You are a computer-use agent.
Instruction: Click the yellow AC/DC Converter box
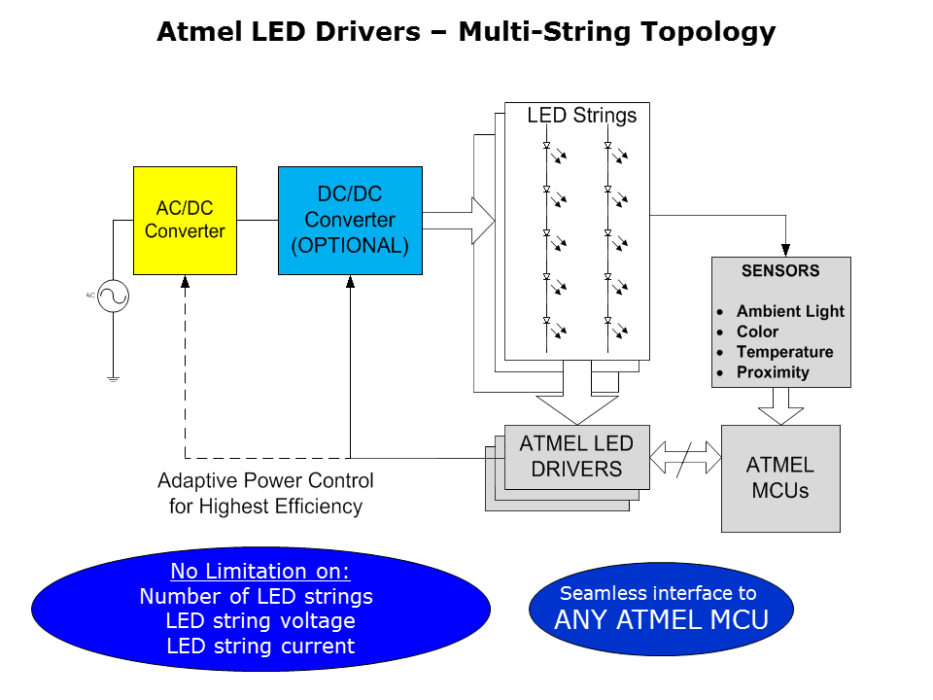[x=185, y=221]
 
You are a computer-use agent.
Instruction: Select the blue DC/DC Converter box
[x=350, y=220]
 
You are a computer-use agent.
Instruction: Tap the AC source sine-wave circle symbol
[x=113, y=297]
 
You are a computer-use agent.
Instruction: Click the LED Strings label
[x=581, y=116]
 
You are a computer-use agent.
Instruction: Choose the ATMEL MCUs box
[x=780, y=477]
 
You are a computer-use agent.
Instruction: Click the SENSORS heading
[x=780, y=271]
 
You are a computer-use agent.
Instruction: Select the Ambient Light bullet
[x=790, y=311]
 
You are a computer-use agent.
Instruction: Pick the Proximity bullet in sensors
[x=773, y=372]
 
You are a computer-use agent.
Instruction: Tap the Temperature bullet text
[x=784, y=352]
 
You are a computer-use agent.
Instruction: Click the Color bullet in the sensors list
[x=757, y=332]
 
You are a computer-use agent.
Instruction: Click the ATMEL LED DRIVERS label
[x=576, y=456]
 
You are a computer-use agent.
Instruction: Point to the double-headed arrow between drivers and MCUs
[x=686, y=455]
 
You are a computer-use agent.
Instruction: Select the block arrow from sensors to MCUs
[x=780, y=405]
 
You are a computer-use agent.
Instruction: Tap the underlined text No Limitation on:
[x=259, y=571]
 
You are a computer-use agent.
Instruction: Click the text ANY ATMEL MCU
[x=661, y=619]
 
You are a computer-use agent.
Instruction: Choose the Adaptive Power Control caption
[x=265, y=493]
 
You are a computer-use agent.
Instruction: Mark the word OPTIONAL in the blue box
[x=350, y=245]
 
